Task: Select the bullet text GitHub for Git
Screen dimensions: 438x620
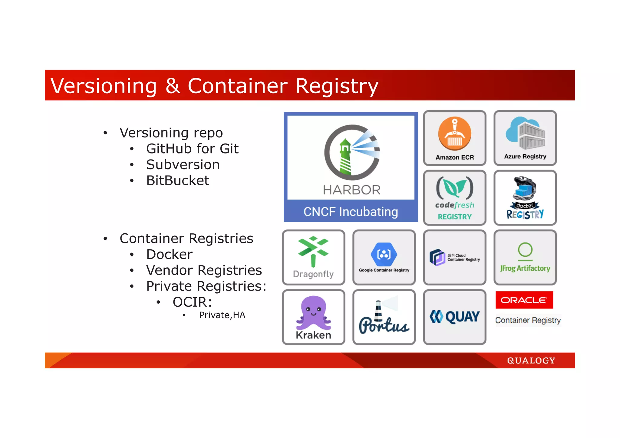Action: pyautogui.click(x=192, y=149)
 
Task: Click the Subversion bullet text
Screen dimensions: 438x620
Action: pyautogui.click(x=183, y=165)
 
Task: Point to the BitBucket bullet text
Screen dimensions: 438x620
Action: pyautogui.click(x=178, y=181)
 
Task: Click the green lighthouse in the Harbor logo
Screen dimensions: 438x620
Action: pyautogui.click(x=345, y=157)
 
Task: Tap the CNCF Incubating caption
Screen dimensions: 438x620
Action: pyautogui.click(x=351, y=212)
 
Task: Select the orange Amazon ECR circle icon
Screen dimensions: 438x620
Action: pyautogui.click(x=454, y=133)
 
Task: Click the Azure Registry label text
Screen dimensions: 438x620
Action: pyautogui.click(x=525, y=156)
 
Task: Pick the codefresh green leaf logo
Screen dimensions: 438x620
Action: pyautogui.click(x=454, y=187)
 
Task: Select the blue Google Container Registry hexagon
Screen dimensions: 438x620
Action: pyautogui.click(x=384, y=254)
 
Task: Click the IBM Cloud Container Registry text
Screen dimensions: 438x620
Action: pyautogui.click(x=463, y=257)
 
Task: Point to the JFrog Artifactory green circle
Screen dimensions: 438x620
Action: pyautogui.click(x=525, y=250)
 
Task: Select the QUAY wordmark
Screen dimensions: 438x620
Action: pyautogui.click(x=462, y=317)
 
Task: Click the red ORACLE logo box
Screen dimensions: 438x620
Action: pyautogui.click(x=524, y=300)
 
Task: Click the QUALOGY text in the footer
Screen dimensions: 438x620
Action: pyautogui.click(x=531, y=361)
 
